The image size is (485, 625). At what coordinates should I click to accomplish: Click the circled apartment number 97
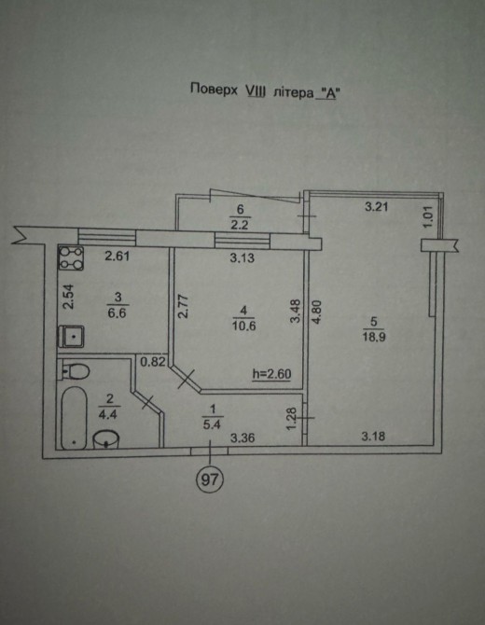point(210,479)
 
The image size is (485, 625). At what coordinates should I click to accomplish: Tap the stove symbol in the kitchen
point(71,257)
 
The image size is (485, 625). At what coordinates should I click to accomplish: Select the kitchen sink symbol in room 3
point(71,337)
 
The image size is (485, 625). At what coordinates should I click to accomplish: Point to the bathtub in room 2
point(74,418)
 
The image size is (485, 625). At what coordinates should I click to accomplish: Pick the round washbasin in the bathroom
point(106,438)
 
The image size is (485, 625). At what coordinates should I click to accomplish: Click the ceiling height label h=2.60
point(271,374)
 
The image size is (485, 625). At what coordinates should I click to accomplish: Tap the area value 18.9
point(373,337)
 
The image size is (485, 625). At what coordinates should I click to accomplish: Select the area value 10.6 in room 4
point(243,326)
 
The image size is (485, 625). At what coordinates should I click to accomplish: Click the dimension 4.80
point(316,312)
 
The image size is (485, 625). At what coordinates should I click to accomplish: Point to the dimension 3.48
point(296,311)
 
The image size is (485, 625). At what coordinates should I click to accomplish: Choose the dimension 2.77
point(183,306)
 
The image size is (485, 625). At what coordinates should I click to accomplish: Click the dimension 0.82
point(153,362)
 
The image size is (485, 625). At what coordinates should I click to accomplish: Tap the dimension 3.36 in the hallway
point(242,438)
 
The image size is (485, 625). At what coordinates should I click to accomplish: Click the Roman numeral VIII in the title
point(255,91)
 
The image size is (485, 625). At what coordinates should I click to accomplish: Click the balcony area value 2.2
point(240,225)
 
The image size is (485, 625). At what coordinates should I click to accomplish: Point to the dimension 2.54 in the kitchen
point(68,296)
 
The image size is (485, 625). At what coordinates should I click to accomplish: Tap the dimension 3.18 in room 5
point(373,437)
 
